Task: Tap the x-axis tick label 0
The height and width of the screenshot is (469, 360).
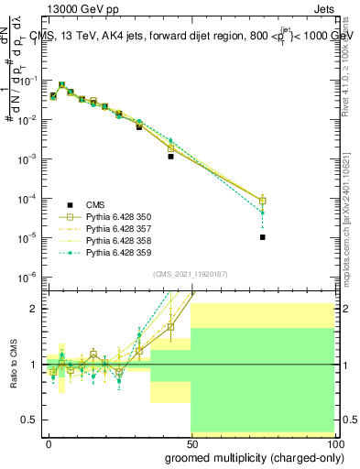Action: (49, 443)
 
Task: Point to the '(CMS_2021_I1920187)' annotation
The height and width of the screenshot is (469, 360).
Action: (190, 273)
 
